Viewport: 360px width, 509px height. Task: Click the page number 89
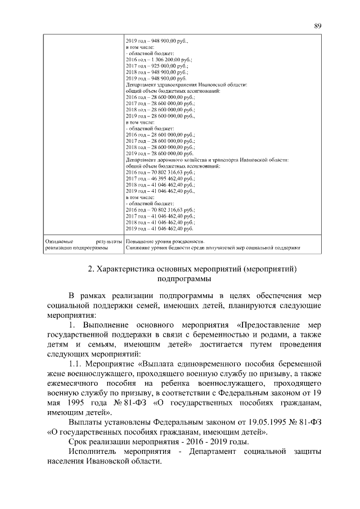[317, 25]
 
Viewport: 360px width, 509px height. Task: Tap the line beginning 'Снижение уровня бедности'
[214, 247]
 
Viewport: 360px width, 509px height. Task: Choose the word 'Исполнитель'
[92, 453]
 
